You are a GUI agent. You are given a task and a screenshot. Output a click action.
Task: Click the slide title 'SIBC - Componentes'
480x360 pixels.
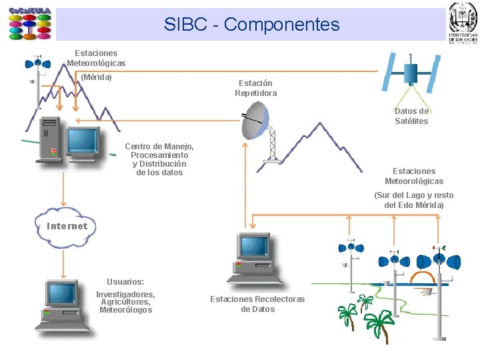(251, 25)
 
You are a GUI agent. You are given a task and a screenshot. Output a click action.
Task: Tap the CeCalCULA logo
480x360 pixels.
(30, 24)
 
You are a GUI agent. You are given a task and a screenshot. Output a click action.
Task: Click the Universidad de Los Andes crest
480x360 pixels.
(463, 23)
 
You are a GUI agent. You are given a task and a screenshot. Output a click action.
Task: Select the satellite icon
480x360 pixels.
(411, 71)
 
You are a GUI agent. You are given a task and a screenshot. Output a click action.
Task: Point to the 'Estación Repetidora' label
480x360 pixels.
(255, 88)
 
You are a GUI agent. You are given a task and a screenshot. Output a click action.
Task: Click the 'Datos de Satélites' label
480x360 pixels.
(411, 116)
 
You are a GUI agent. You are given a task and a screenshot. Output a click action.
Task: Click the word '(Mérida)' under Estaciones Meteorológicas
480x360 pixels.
(96, 77)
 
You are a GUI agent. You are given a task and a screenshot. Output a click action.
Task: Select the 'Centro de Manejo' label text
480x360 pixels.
(159, 147)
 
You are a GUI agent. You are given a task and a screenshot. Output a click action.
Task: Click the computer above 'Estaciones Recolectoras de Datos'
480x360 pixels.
(253, 257)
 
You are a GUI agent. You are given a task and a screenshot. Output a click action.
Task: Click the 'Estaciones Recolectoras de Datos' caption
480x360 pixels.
(257, 304)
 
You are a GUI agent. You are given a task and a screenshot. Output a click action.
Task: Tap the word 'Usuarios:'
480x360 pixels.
(125, 282)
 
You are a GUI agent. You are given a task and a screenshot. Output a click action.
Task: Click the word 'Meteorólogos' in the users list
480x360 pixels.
(125, 310)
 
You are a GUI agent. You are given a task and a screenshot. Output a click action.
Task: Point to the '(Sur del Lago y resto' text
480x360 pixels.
(413, 195)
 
